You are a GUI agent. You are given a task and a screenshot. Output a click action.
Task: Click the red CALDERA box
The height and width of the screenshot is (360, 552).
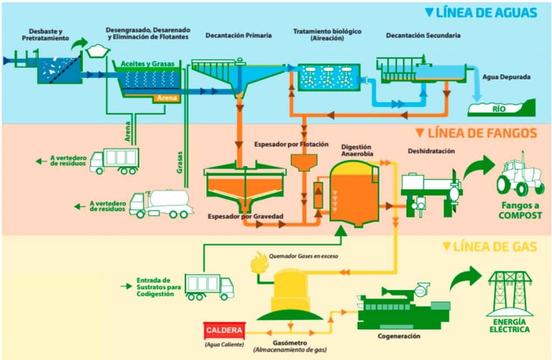(x=224, y=330)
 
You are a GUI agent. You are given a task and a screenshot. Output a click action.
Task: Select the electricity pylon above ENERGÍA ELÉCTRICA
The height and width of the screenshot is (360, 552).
(x=509, y=293)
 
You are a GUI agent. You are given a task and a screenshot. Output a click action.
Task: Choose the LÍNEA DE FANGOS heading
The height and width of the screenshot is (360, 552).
(x=477, y=133)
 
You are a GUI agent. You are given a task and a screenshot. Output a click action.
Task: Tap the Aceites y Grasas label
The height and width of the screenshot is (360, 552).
(x=148, y=64)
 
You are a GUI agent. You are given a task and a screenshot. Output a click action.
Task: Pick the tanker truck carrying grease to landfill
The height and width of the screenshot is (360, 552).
(x=161, y=203)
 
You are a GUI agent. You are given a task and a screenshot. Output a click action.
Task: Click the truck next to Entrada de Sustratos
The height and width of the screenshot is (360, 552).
(x=209, y=286)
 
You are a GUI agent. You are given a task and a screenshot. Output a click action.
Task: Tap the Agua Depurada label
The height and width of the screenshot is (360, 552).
(x=506, y=77)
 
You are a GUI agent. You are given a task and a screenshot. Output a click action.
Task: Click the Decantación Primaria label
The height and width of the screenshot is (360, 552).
(x=238, y=36)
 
